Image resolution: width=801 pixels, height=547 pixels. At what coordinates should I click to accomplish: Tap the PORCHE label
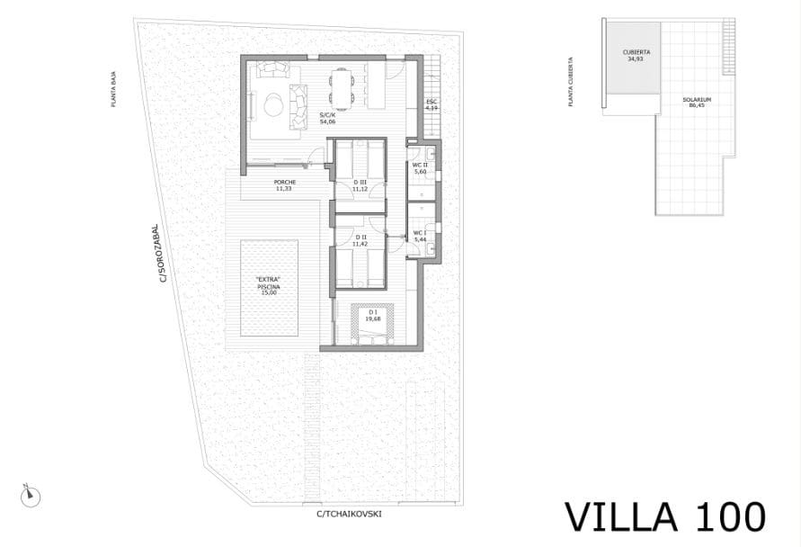285,185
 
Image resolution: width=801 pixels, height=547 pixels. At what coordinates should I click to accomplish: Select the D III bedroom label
360,185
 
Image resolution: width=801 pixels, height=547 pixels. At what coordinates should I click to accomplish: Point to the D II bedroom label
360,240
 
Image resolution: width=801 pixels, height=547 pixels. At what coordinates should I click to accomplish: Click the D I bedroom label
371,315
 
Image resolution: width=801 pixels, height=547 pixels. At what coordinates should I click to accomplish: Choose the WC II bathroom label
419,168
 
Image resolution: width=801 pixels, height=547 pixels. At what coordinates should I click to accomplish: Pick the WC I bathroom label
419,237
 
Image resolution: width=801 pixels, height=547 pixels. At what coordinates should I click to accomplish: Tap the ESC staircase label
432,103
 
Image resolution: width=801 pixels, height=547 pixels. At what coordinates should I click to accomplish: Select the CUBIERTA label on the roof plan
636,55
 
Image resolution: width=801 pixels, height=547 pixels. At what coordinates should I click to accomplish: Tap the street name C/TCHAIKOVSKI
350,514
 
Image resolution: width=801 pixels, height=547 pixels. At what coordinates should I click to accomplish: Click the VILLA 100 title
664,516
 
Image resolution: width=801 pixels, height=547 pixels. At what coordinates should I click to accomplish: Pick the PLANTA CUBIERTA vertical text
571,83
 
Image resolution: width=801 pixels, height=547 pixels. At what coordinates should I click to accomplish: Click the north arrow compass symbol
31,493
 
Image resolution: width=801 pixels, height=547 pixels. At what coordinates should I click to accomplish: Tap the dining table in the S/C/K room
341,88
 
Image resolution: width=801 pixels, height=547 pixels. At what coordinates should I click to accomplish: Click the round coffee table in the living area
272,104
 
